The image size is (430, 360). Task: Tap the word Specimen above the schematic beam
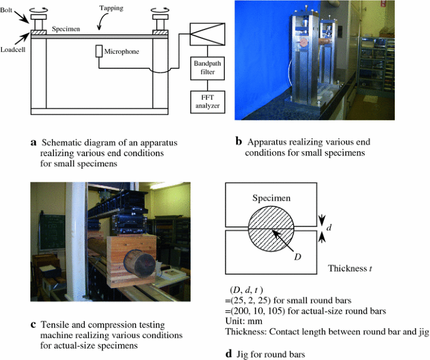pyautogui.click(x=65, y=29)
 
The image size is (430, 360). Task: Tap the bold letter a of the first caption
pyautogui.click(x=33, y=142)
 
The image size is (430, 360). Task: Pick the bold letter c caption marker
pyautogui.click(x=33, y=325)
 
